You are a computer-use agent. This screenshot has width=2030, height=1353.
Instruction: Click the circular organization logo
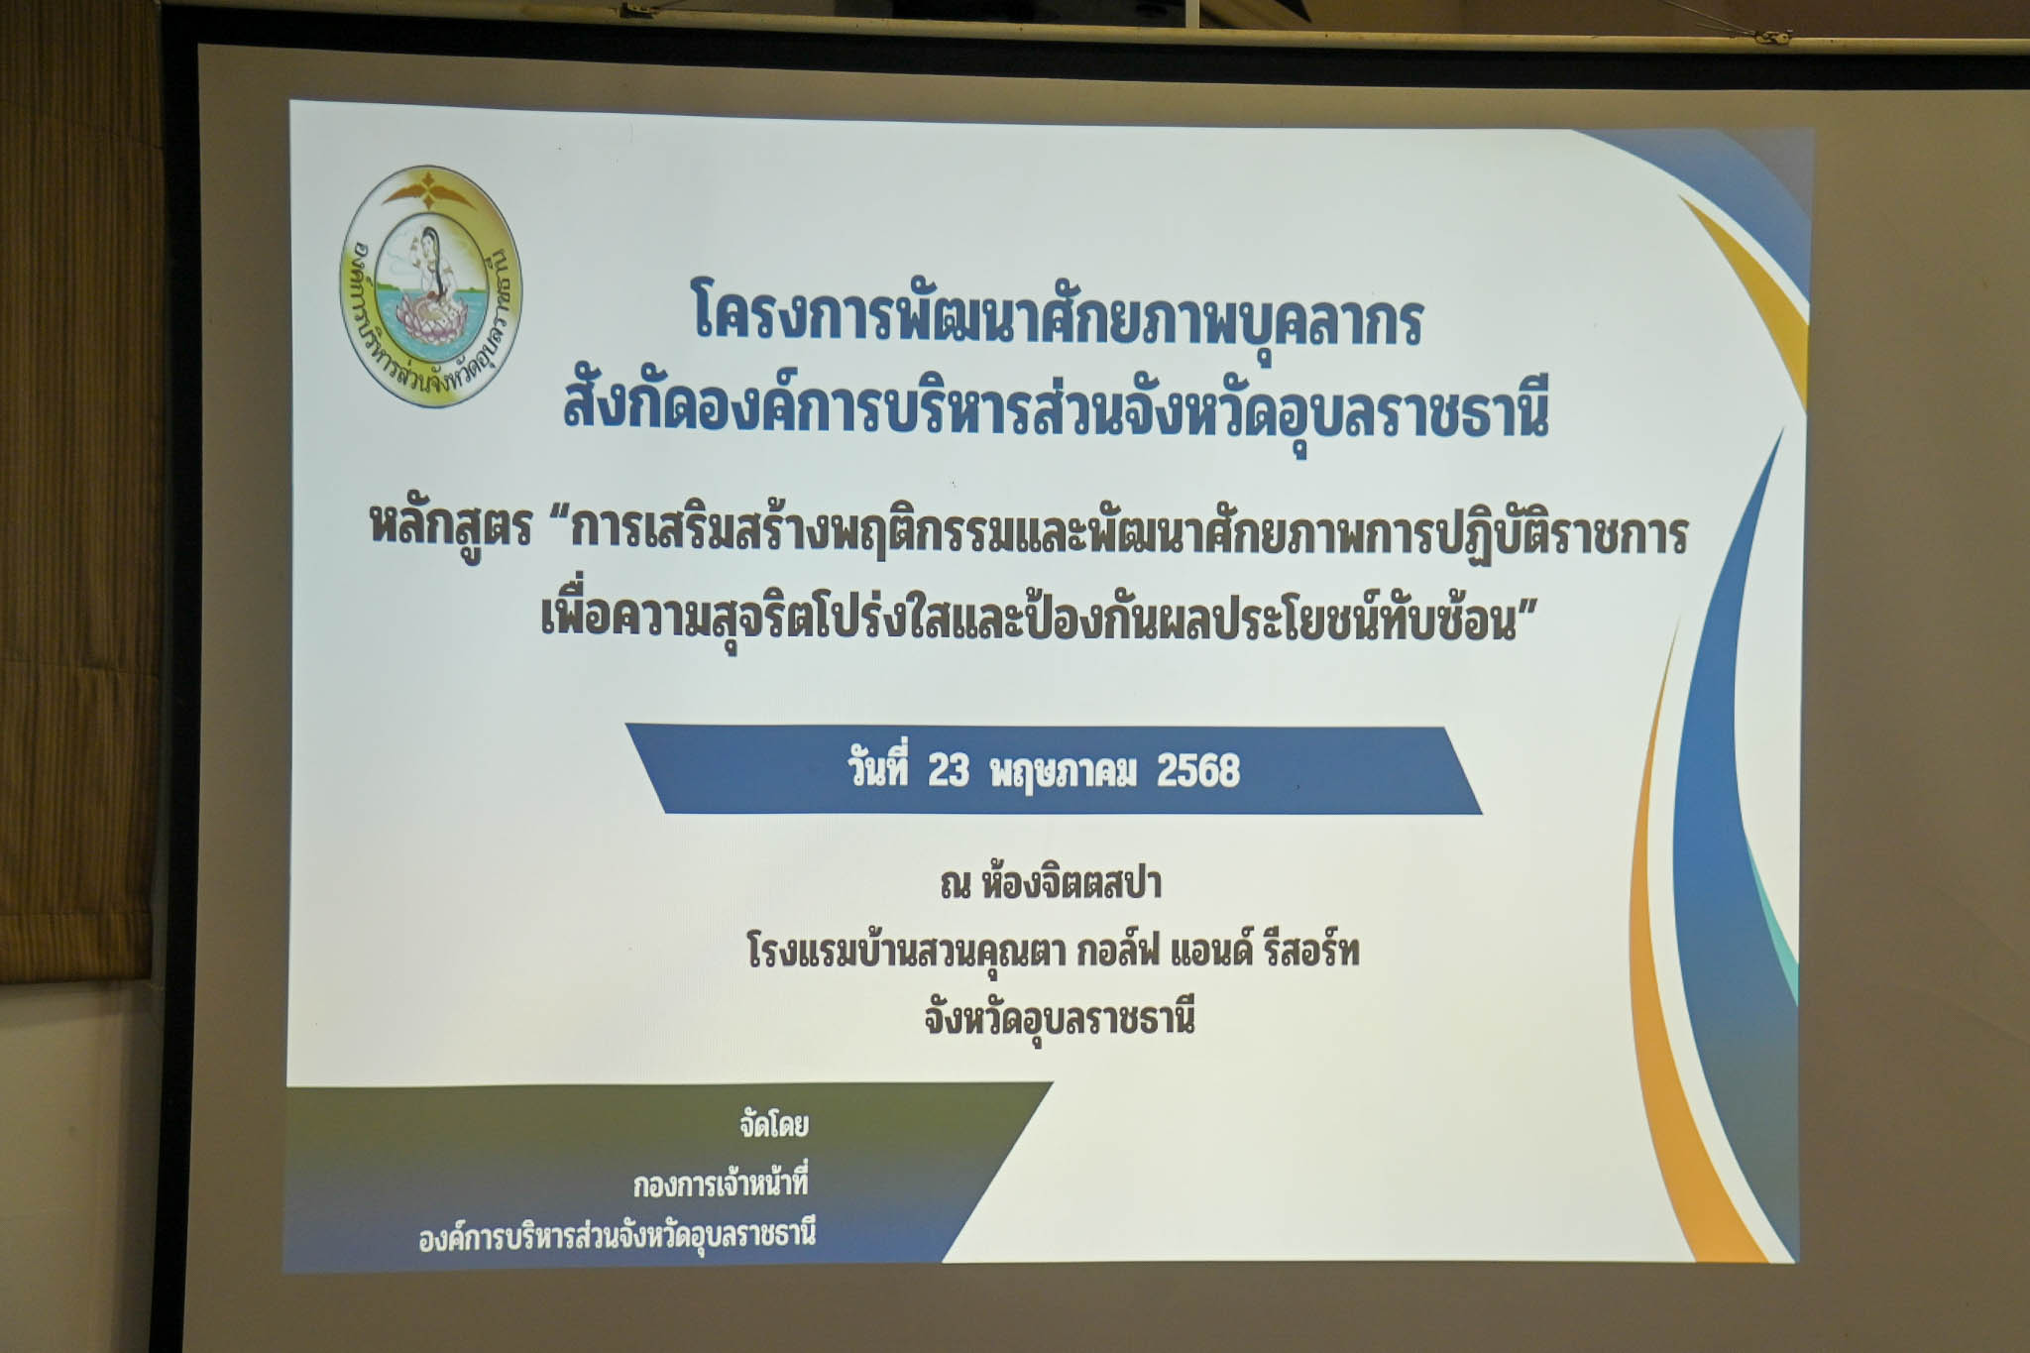(431, 286)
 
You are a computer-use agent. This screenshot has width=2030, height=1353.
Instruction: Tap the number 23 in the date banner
(949, 770)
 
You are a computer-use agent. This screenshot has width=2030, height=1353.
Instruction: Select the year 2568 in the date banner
(1198, 770)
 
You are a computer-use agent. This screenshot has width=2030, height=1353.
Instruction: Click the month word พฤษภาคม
(1063, 772)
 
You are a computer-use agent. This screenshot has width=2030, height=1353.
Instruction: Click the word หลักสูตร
(451, 527)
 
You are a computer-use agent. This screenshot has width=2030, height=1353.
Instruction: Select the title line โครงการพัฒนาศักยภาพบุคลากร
(1058, 315)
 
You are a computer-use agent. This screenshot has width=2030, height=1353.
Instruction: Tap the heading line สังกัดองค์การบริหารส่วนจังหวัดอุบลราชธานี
(1056, 410)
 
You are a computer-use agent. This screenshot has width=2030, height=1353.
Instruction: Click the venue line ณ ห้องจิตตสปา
(1051, 883)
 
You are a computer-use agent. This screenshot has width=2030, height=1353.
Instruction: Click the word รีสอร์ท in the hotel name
(1310, 951)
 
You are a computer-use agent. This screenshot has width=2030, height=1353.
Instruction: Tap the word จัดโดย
(774, 1125)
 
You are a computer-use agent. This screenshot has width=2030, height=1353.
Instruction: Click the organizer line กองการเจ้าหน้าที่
(721, 1183)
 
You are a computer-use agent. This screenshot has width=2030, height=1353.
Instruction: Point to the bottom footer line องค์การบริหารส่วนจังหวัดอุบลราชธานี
(617, 1237)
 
